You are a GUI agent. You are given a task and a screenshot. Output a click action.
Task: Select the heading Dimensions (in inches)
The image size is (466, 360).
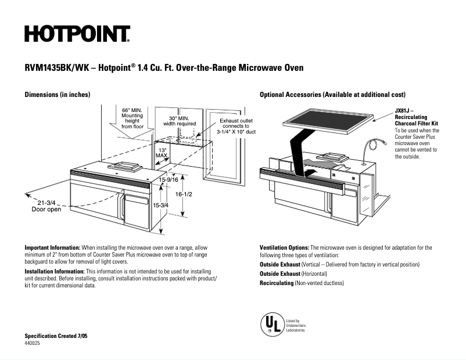[57, 94]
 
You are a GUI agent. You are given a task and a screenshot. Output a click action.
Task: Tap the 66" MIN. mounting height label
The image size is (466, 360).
[132, 118]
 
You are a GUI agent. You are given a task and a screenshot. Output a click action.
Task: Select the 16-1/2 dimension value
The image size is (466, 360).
[184, 194]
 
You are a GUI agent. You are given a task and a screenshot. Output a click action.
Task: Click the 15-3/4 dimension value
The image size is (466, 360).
[160, 205]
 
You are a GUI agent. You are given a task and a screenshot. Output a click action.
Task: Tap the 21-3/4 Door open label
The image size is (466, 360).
[46, 206]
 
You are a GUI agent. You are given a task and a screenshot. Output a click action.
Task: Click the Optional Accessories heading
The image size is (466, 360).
[332, 94]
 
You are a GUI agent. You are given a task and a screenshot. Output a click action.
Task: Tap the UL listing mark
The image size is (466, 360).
[270, 324]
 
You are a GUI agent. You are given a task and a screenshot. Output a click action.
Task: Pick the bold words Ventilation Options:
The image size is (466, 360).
[284, 247]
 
